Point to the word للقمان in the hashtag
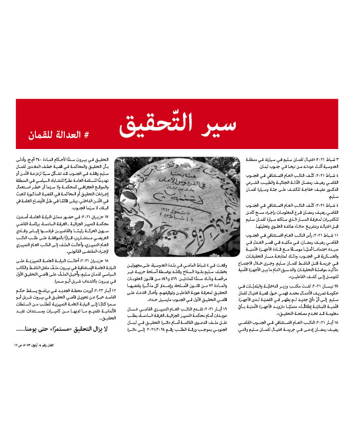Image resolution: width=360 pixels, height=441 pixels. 40,136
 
